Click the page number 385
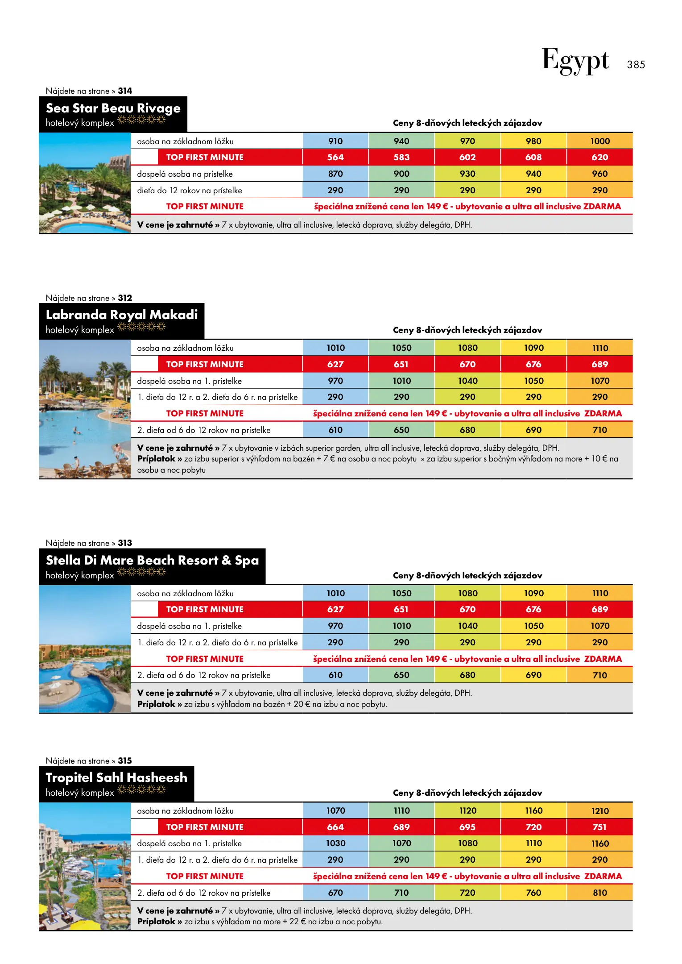[636, 65]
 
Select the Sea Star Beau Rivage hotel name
[113, 108]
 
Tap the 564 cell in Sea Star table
[335, 157]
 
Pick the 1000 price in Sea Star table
[599, 141]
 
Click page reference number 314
[125, 91]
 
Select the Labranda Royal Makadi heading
[122, 315]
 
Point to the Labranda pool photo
[85, 409]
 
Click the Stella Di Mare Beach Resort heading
[152, 560]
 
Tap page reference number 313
[125, 543]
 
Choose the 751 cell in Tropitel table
[599, 827]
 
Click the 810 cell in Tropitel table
[599, 893]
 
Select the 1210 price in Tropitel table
[599, 811]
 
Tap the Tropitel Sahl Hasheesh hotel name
[116, 777]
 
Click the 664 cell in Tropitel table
[335, 827]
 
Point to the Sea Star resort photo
[85, 183]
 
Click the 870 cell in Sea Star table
[335, 174]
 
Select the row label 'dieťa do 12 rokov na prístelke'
[190, 191]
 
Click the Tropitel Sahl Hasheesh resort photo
[85, 866]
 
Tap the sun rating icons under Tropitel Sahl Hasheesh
[141, 790]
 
